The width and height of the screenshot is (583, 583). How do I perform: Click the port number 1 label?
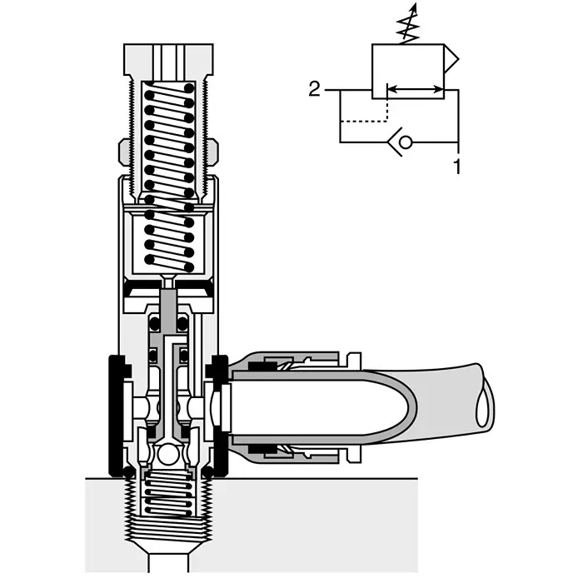click(x=456, y=166)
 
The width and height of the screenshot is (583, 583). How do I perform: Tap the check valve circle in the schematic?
click(x=405, y=142)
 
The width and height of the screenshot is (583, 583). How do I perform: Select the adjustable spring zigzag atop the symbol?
click(x=407, y=27)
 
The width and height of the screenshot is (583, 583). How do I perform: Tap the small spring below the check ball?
click(x=169, y=492)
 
